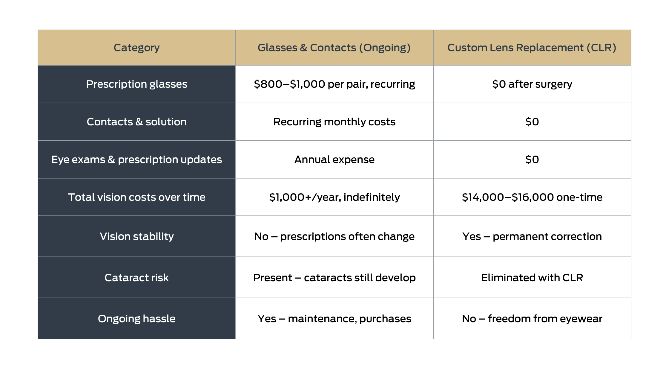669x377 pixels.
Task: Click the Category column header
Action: [136, 48]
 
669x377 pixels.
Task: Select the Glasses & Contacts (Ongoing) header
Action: [334, 48]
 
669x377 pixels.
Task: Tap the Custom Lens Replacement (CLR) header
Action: [532, 48]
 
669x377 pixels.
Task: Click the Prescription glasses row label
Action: [136, 84]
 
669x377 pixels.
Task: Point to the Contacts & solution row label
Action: [136, 122]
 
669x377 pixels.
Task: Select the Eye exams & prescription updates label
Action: [136, 159]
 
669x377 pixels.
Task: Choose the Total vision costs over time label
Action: [136, 197]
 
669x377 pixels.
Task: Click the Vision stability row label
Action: [136, 236]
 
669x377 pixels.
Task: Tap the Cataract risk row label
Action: [136, 278]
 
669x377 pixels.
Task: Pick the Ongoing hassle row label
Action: [136, 319]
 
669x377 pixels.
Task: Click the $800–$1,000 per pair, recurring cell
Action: [334, 84]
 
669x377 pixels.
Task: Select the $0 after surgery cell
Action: [532, 84]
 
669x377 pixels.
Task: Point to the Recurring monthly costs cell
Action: [334, 122]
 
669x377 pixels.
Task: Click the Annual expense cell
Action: [334, 159]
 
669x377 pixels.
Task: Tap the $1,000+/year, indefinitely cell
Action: [334, 197]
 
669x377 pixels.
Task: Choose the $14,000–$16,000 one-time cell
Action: [532, 197]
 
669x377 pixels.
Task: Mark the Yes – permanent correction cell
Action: [532, 236]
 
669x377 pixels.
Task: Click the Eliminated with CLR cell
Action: [532, 278]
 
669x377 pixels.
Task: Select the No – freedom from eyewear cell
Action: [532, 319]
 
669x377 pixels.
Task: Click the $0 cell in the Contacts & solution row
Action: [532, 122]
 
